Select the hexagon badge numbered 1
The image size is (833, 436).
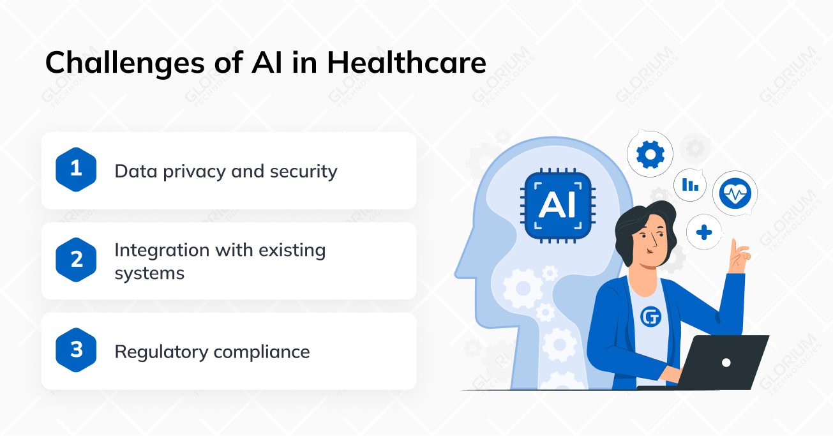pos(77,170)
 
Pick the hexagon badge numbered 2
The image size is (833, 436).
pos(77,260)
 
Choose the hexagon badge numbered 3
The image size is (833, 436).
pos(77,350)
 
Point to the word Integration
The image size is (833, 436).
pos(162,250)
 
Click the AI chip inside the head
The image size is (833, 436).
pos(557,205)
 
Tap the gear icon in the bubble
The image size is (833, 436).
pos(650,154)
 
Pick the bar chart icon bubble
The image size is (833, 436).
pos(690,185)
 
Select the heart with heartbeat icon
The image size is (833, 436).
pos(735,193)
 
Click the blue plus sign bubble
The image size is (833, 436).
pos(704,232)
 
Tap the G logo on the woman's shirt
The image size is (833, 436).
pos(650,316)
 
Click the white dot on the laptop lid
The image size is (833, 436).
pos(726,363)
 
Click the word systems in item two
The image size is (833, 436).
pos(149,273)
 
